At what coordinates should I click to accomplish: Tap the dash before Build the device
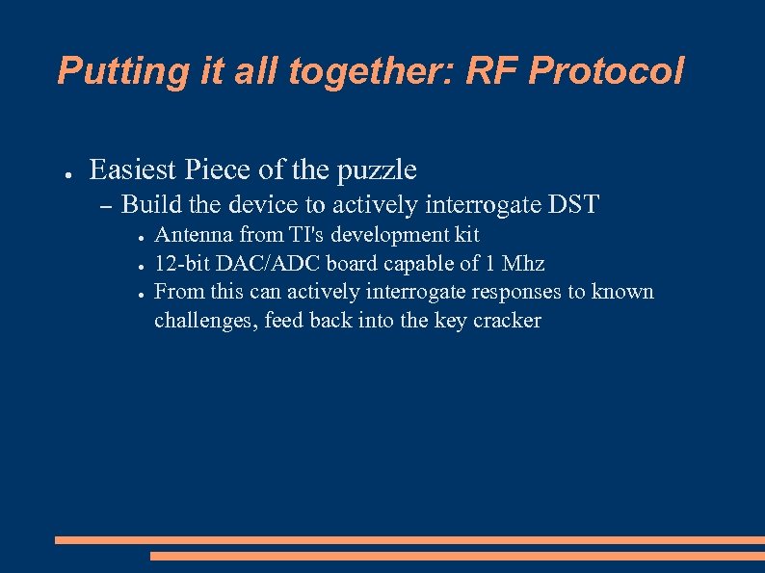tap(105, 206)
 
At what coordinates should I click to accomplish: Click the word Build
tap(147, 204)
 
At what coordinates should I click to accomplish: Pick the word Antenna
tap(192, 235)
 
